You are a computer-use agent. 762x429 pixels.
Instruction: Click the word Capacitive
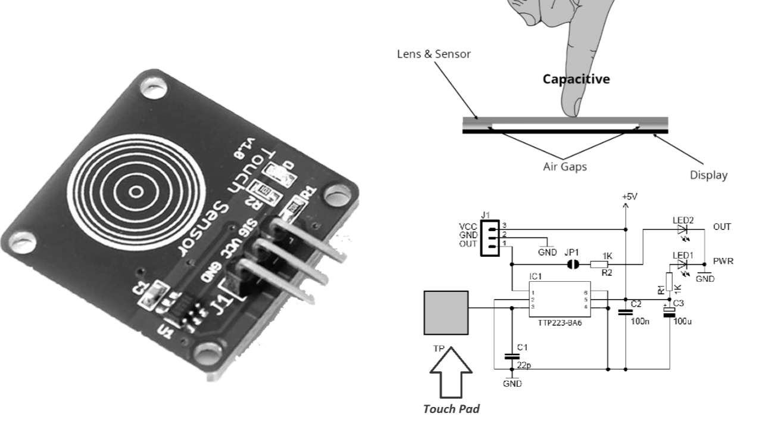point(576,79)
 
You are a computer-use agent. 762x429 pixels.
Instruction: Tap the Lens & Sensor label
point(433,54)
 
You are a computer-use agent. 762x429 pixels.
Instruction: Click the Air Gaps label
point(564,166)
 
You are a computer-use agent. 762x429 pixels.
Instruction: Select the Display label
point(708,175)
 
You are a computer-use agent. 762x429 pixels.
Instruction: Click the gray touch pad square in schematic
point(446,313)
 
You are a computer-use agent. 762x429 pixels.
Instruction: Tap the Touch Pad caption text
point(451,409)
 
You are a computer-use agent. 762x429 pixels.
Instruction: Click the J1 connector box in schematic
point(488,237)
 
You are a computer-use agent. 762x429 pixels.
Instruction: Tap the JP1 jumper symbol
point(573,263)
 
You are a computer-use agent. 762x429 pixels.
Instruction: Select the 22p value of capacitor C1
point(523,364)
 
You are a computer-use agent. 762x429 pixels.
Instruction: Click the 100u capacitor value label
point(682,322)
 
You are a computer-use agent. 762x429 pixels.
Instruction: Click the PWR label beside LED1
point(723,261)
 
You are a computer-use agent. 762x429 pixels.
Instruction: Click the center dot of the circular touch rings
point(136,191)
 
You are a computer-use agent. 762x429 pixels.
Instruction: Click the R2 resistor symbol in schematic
point(600,263)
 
